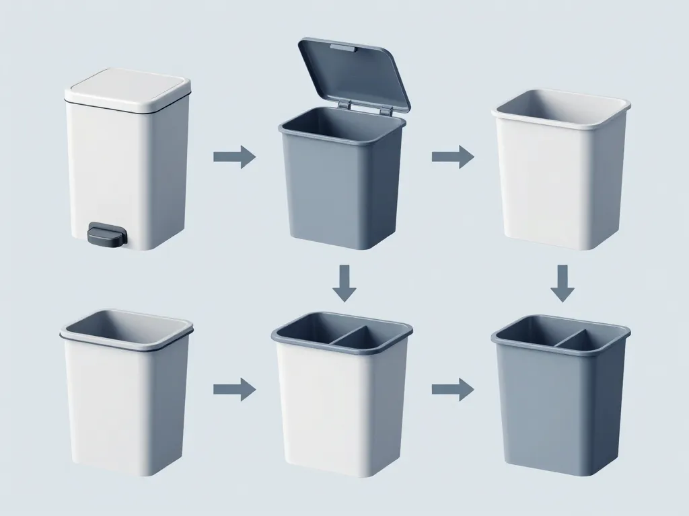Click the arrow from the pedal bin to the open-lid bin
234,157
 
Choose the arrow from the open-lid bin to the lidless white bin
452,157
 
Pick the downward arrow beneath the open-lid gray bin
345,282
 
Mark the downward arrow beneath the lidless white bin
563,282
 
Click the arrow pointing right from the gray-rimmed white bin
234,389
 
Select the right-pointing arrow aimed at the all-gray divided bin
452,389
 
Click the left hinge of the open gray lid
344,105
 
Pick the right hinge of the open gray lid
386,110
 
